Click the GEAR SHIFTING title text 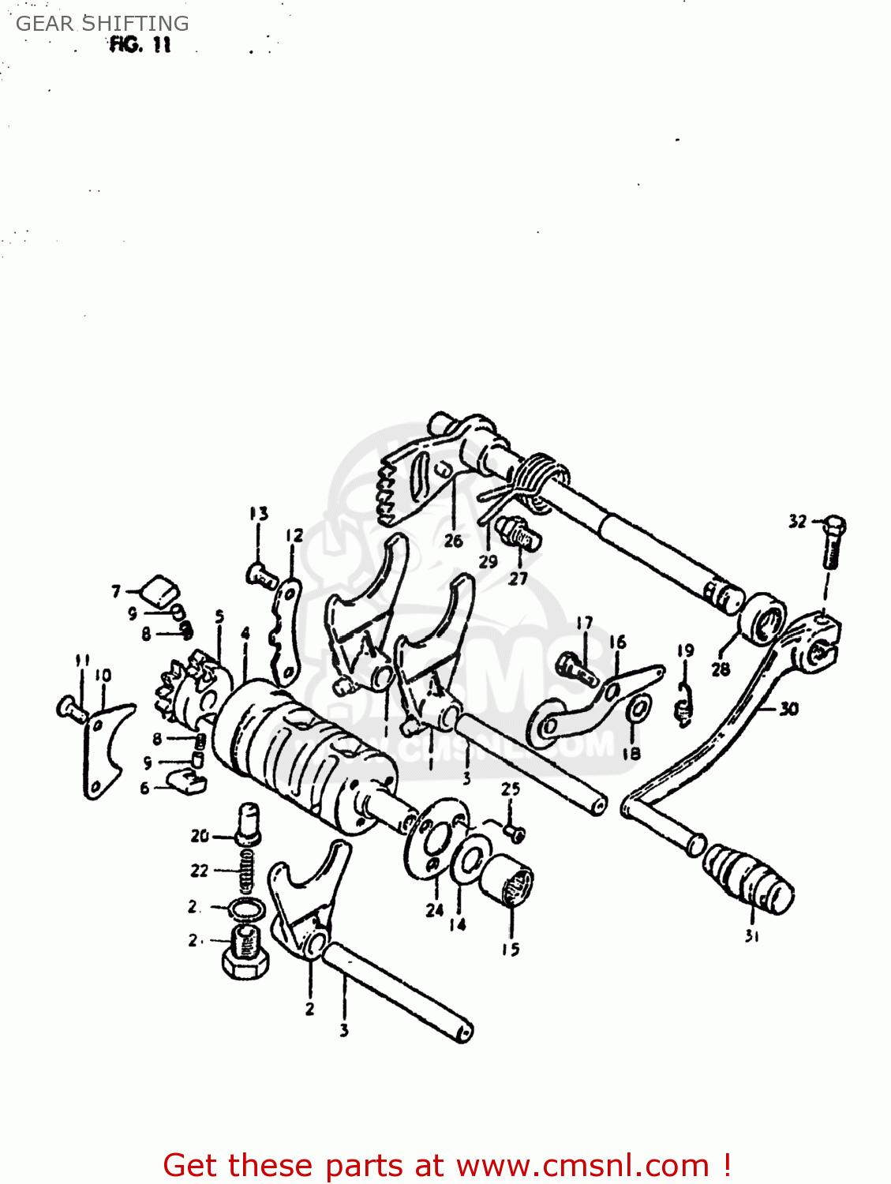coord(103,24)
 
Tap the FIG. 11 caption coord(140,44)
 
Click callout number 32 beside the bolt coord(797,521)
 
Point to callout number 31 coord(751,936)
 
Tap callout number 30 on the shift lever coord(788,709)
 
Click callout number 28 coord(721,669)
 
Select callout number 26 coord(453,541)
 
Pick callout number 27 coord(518,579)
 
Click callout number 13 coord(259,514)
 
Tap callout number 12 coord(294,536)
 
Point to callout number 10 coord(103,676)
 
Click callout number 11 coord(82,660)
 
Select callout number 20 coord(200,835)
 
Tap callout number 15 coord(511,950)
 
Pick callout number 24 coord(435,910)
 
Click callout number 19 coord(685,650)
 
